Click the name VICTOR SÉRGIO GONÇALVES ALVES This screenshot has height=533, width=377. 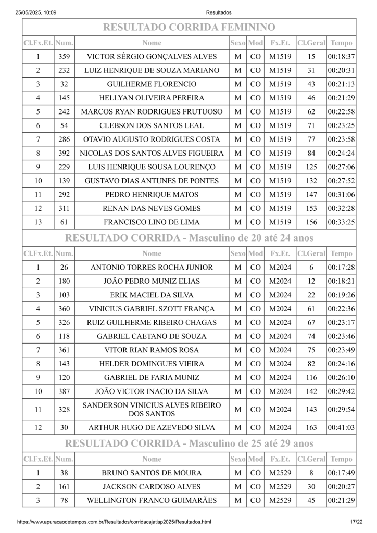coord(152,57)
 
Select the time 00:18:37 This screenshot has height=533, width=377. coord(342,57)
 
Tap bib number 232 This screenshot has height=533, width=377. coord(64,70)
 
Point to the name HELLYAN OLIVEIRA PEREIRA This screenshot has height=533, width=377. coord(152,98)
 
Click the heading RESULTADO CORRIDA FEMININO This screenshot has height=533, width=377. coord(188,27)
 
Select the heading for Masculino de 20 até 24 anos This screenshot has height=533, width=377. coord(188,238)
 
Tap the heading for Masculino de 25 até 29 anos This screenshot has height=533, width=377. coord(188,443)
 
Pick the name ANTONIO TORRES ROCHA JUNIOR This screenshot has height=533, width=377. coord(152,268)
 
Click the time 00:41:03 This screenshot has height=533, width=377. coord(342,428)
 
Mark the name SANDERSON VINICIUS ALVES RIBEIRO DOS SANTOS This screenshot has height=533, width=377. coord(152,410)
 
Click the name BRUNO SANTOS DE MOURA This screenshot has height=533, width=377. coord(152,473)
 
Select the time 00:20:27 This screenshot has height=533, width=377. coord(342,487)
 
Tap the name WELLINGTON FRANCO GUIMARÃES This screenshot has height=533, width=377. coord(152,501)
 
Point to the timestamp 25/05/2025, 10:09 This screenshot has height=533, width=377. coord(36,12)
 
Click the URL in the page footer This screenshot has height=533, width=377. coord(114,522)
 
